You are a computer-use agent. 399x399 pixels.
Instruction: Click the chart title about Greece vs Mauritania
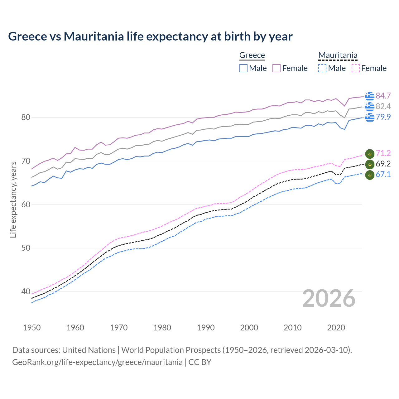(x=150, y=36)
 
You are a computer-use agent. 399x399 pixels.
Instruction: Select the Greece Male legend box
(x=243, y=68)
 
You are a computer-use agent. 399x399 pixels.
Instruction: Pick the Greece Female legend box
(x=277, y=68)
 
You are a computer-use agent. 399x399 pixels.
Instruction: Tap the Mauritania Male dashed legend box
(x=322, y=68)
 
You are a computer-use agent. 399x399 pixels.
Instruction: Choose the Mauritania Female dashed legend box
(x=356, y=68)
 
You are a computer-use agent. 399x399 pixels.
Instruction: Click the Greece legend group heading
(x=252, y=55)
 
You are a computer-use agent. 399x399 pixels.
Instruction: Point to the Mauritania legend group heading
(x=338, y=55)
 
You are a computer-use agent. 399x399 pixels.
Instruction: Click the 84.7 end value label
(x=383, y=96)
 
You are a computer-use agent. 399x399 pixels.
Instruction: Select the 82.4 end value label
(x=383, y=106)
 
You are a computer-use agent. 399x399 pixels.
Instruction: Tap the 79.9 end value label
(x=383, y=117)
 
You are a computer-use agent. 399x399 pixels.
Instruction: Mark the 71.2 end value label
(x=383, y=153)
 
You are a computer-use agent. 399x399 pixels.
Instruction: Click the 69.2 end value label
(x=383, y=164)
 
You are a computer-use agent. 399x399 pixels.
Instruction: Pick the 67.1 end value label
(x=383, y=174)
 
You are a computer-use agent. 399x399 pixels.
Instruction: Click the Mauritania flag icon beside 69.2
(x=370, y=164)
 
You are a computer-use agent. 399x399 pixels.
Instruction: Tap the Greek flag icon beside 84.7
(x=370, y=96)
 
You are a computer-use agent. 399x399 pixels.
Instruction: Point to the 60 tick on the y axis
(x=26, y=204)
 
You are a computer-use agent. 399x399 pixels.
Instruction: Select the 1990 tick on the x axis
(x=206, y=328)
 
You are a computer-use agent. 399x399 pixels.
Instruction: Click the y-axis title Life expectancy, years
(x=13, y=199)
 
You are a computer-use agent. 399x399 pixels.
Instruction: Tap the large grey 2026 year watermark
(x=329, y=298)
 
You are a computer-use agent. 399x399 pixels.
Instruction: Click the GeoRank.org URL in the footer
(x=97, y=362)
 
